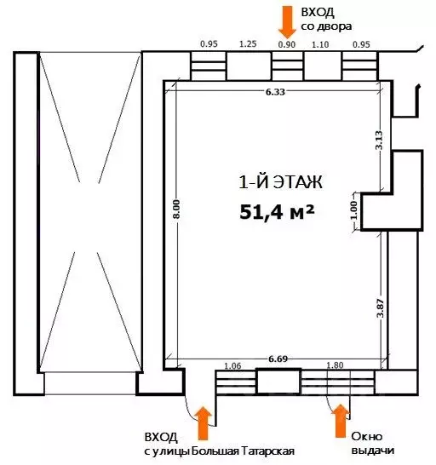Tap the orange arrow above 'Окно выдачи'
(341, 419)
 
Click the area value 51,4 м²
(277, 210)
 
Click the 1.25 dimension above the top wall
(249, 43)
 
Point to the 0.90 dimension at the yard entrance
(289, 43)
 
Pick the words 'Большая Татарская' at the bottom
(246, 451)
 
